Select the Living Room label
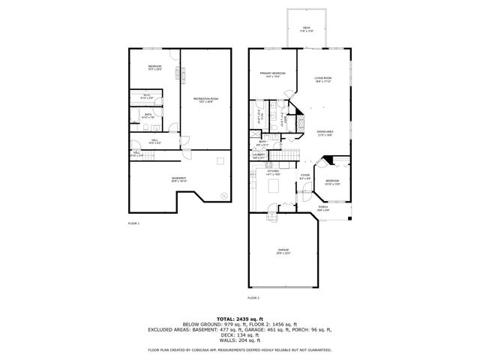coord(323,79)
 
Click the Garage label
coord(283,250)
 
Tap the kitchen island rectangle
coord(273,184)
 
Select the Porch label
coord(322,208)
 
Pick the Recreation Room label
coord(205,100)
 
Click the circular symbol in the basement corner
coord(223,196)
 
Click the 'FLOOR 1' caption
coord(133,223)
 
